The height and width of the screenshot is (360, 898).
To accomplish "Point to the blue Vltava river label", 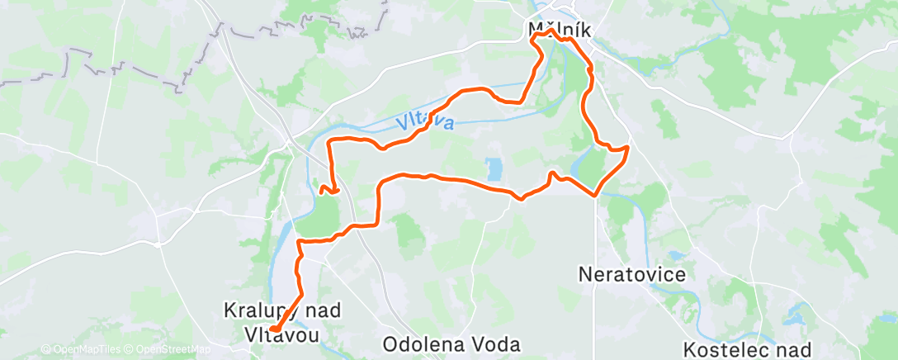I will pos(425,124).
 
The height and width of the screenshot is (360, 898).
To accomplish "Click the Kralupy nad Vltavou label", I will pos(271,321).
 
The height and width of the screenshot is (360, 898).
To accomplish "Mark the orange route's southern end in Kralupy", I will pos(273,332).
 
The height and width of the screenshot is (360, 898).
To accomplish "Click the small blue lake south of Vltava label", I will pos(494,170).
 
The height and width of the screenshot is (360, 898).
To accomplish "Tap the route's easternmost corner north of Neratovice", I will pos(628,148).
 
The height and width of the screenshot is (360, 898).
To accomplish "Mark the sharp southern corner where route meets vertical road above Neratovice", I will pos(596,195).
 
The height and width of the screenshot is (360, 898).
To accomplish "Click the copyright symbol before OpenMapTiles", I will pos(46,349).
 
